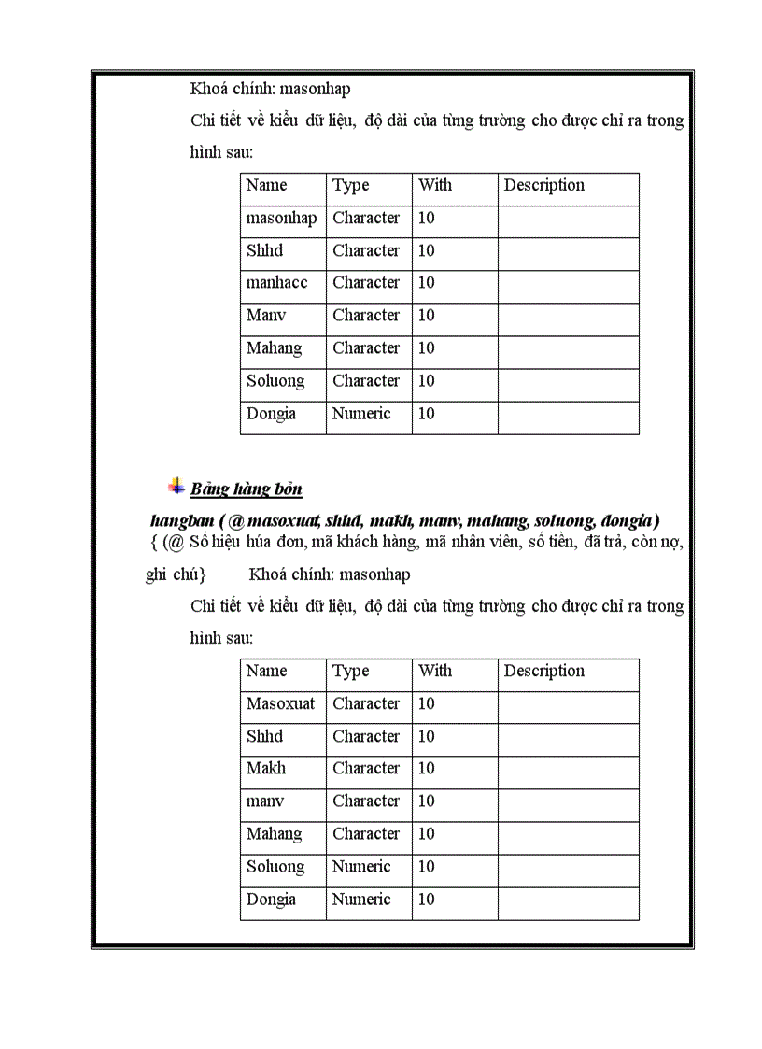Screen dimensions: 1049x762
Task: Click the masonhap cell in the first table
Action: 281,219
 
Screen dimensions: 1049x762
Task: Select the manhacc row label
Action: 276,283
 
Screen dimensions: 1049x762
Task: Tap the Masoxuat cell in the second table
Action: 280,704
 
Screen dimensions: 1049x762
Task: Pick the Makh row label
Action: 266,769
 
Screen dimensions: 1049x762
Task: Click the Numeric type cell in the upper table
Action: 361,414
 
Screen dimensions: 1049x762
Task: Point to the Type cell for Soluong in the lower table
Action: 361,867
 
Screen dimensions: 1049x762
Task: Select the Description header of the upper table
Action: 544,186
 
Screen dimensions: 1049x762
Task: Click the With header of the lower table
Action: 435,672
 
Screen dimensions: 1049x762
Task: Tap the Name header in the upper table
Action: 266,186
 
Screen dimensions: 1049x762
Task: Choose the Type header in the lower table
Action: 351,672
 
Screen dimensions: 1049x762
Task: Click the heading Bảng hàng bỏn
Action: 247,489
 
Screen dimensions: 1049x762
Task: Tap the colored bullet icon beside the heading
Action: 176,486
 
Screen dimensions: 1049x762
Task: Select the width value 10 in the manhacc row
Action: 426,283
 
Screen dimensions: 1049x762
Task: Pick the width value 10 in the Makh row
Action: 426,769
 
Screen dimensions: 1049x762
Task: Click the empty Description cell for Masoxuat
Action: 568,704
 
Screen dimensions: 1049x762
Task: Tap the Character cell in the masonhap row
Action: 366,219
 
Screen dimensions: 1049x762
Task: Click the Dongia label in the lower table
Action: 271,900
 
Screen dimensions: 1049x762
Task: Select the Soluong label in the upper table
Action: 275,381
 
